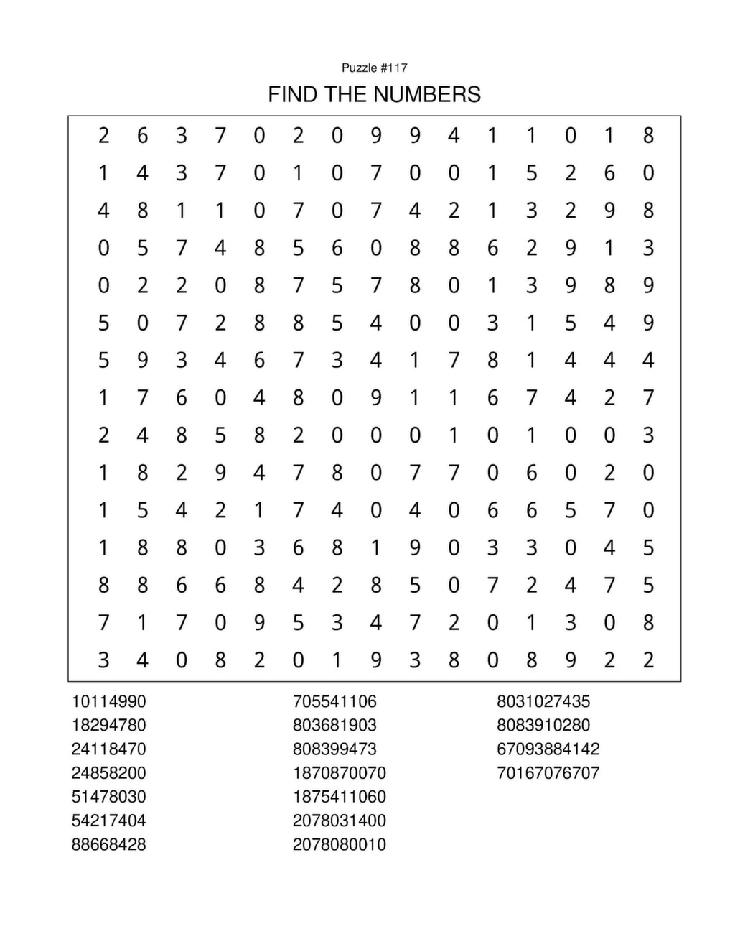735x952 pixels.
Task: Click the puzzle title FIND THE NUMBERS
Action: tap(374, 94)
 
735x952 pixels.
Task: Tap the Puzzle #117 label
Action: tap(374, 68)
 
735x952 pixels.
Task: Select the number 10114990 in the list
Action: tap(108, 701)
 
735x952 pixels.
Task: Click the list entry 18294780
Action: tap(108, 725)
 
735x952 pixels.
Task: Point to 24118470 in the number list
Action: tap(108, 749)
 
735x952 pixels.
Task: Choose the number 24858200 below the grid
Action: tap(108, 773)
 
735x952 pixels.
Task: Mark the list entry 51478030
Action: tap(108, 797)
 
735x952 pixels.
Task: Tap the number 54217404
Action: tap(108, 821)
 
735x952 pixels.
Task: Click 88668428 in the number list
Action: tap(108, 844)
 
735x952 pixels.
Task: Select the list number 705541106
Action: tap(334, 701)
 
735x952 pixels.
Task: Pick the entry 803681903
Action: tap(334, 725)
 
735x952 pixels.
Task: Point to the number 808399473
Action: tap(334, 749)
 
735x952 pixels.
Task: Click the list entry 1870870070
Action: tap(339, 773)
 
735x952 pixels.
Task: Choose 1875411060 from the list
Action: tap(339, 797)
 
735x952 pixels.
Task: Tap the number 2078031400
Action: tap(339, 821)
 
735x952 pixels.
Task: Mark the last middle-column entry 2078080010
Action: tap(339, 844)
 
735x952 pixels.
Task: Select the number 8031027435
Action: tap(543, 701)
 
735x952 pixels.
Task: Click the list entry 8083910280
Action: tap(543, 725)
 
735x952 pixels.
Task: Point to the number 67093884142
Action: tap(548, 749)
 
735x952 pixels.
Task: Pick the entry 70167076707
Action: tap(548, 773)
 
